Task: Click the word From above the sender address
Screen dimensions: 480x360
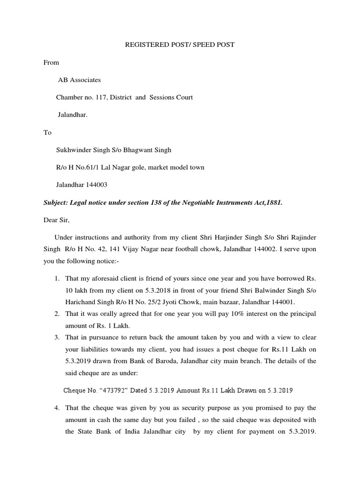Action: (x=51, y=62)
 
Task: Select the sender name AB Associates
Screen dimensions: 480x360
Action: (x=79, y=80)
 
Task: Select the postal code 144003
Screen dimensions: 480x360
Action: (x=96, y=185)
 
